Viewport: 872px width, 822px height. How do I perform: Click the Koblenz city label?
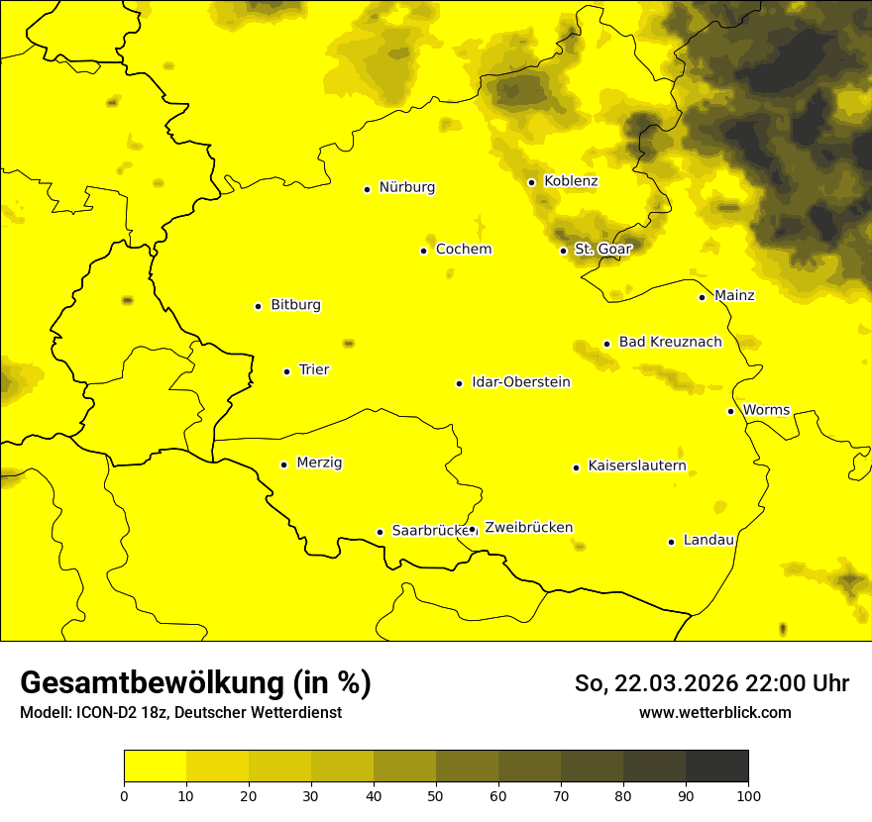pyautogui.click(x=571, y=181)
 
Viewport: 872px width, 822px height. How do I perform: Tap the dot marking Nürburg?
pyautogui.click(x=367, y=189)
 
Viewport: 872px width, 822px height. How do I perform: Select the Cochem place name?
pyautogui.click(x=464, y=250)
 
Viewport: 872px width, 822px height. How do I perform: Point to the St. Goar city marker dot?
pyautogui.click(x=563, y=251)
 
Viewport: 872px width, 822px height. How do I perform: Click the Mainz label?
pyautogui.click(x=734, y=296)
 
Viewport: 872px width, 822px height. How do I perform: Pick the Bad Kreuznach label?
pyautogui.click(x=670, y=343)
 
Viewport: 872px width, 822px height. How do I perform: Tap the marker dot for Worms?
pyautogui.click(x=730, y=411)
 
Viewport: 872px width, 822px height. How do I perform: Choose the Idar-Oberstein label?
pyautogui.click(x=521, y=382)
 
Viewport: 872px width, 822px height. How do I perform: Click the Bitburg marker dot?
pyautogui.click(x=258, y=306)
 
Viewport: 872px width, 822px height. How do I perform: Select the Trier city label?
pyautogui.click(x=314, y=370)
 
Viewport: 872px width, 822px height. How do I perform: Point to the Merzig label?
pyautogui.click(x=320, y=463)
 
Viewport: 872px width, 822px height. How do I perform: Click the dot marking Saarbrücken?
pyautogui.click(x=380, y=532)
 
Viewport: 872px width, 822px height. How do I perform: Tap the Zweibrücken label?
pyautogui.click(x=528, y=528)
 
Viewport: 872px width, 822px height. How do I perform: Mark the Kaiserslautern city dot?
pyautogui.click(x=576, y=467)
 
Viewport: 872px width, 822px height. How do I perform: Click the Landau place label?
pyautogui.click(x=708, y=541)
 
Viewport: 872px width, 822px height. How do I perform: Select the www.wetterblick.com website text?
pyautogui.click(x=714, y=713)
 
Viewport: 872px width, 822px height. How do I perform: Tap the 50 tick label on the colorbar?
pyautogui.click(x=436, y=795)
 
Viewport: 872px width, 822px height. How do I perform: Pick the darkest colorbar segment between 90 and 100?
pyautogui.click(x=716, y=767)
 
